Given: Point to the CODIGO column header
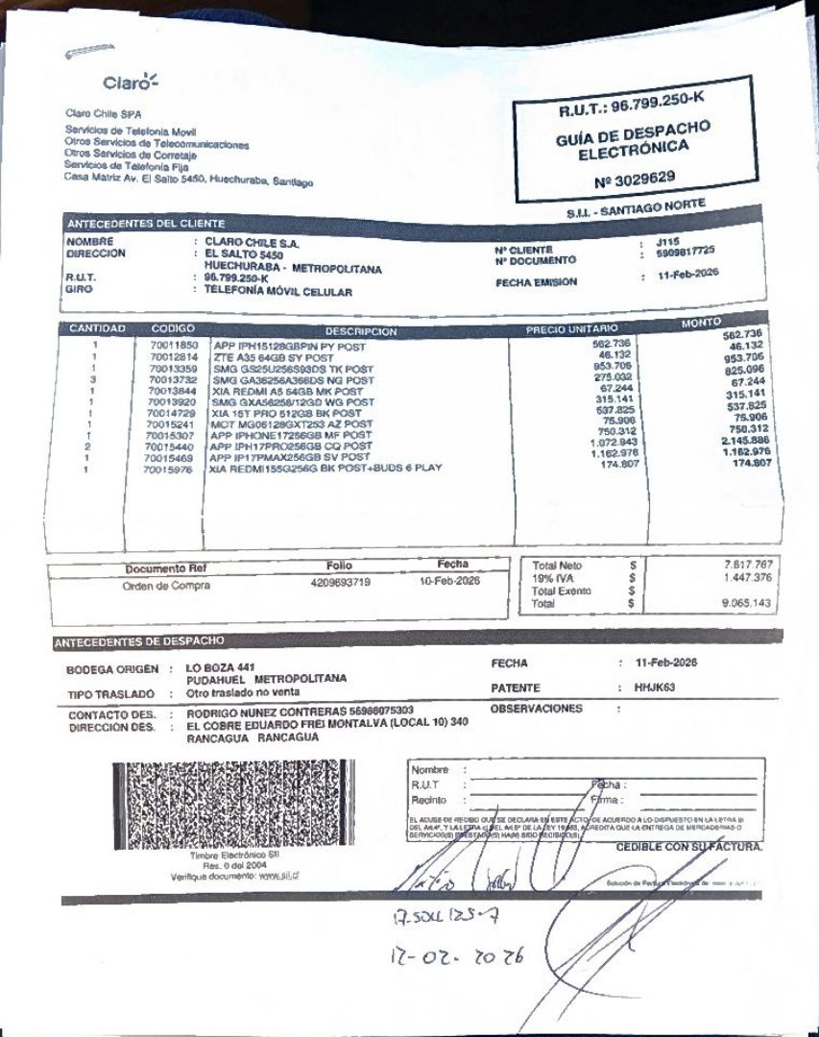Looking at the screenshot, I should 174,328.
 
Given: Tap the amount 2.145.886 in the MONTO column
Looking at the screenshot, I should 746,440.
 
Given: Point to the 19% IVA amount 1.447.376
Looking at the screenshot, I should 746,578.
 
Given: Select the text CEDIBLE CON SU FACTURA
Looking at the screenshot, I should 688,847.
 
